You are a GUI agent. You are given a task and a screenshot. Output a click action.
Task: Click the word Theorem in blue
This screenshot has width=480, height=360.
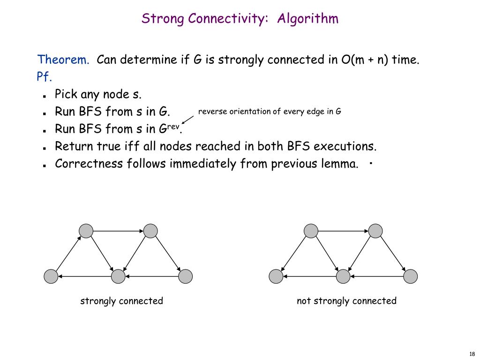click(x=63, y=60)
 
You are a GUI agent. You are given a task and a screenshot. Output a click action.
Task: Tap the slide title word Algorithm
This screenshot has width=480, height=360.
click(x=307, y=19)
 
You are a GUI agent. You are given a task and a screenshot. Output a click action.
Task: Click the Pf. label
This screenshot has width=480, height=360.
click(x=45, y=77)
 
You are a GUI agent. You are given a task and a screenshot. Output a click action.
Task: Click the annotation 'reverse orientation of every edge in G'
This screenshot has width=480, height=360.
click(x=270, y=112)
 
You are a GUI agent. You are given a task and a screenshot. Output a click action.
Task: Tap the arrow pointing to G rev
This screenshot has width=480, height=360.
click(x=187, y=120)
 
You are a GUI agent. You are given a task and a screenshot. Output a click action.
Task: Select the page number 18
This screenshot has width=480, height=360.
click(x=472, y=353)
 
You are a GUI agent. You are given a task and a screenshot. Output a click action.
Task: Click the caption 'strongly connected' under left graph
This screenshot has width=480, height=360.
click(x=121, y=301)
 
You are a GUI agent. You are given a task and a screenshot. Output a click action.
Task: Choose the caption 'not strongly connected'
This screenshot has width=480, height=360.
click(x=346, y=301)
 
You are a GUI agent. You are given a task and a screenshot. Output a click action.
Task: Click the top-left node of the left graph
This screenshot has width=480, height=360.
click(x=86, y=231)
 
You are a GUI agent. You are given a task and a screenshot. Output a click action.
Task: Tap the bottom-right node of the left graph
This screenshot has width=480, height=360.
click(x=186, y=277)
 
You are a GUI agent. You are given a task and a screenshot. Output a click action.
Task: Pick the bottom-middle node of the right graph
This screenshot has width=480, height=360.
click(x=344, y=277)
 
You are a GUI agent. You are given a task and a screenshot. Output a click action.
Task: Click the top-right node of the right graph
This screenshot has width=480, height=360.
click(x=375, y=231)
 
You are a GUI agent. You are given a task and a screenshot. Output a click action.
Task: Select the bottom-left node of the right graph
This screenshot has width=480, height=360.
click(x=276, y=277)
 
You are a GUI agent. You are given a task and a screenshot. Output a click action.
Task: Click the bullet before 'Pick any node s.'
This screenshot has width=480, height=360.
click(x=43, y=96)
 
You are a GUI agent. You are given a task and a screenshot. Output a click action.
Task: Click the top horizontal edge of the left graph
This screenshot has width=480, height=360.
click(x=118, y=231)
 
